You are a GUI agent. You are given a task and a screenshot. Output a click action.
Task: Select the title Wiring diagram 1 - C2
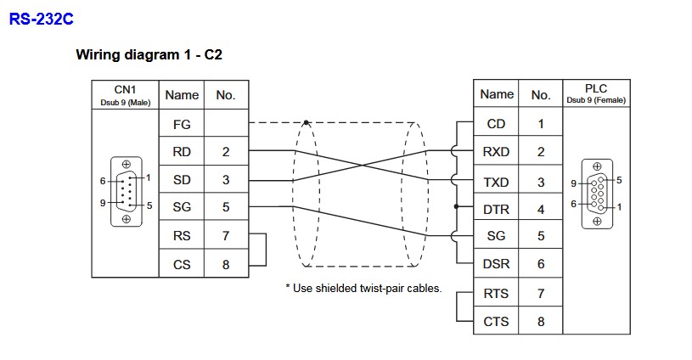(149, 55)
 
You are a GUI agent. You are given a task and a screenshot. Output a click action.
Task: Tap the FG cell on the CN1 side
(182, 124)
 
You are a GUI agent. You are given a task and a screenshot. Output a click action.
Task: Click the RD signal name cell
(182, 153)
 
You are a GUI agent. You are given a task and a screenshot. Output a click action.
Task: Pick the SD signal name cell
(182, 180)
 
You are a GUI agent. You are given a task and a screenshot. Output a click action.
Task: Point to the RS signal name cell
(182, 236)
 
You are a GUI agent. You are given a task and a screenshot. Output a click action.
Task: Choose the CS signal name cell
(182, 264)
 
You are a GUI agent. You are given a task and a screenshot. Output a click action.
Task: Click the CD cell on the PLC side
(497, 124)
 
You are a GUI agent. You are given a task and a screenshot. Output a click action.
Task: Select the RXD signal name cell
(497, 152)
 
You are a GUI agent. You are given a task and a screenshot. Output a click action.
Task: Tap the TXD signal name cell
(497, 180)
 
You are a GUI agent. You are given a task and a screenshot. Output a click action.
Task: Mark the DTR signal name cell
(497, 208)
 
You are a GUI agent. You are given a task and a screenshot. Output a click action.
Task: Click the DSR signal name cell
(497, 264)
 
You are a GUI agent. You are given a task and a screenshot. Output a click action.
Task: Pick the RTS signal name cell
(497, 293)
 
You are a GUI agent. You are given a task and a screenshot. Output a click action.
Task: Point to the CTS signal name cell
(497, 321)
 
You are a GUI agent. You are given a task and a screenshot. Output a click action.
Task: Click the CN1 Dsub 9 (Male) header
(125, 94)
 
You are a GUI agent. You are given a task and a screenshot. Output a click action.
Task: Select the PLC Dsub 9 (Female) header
(596, 93)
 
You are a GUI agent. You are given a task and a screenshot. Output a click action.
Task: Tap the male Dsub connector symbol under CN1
(126, 191)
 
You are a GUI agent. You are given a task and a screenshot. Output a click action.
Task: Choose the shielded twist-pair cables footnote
(363, 289)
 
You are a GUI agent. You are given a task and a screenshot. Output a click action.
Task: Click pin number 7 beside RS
(226, 236)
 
